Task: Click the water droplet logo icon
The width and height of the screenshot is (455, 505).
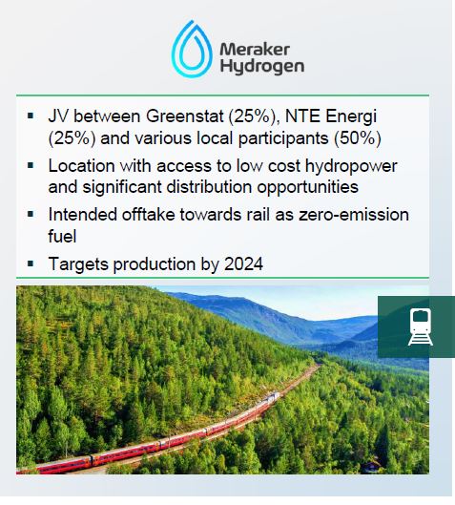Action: [194, 50]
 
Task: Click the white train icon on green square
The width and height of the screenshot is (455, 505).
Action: [417, 326]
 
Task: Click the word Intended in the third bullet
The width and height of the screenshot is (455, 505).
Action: [84, 216]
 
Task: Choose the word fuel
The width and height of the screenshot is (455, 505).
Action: [63, 236]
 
